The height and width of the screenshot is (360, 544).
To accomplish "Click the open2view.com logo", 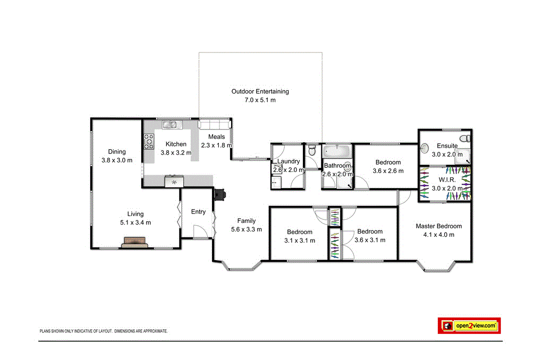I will [x=469, y=325].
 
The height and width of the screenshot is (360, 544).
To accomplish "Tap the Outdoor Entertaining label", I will [x=260, y=91].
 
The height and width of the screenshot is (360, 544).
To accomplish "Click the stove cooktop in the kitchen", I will [x=148, y=141].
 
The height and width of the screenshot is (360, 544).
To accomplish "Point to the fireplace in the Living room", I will [x=135, y=243].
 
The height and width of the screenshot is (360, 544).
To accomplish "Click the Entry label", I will [x=198, y=212].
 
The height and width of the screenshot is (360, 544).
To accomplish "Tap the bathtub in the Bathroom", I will [x=337, y=151].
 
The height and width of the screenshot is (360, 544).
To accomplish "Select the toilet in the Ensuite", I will [x=465, y=138].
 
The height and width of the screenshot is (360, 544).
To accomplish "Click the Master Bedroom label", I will [x=438, y=226].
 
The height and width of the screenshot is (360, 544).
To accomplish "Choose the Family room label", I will [x=246, y=221].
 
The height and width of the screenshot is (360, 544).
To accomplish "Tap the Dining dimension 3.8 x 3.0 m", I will [x=117, y=160].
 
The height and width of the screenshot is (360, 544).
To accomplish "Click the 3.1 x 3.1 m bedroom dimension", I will [x=300, y=241].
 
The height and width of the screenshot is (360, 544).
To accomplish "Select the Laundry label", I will [x=288, y=161].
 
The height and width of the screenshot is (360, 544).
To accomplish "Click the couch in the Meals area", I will [x=215, y=124].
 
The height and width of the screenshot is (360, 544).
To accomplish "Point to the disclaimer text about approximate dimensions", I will [x=104, y=331].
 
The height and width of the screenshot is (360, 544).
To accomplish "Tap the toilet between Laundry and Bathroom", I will [x=312, y=151].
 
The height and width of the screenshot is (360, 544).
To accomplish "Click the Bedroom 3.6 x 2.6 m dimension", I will [x=388, y=171].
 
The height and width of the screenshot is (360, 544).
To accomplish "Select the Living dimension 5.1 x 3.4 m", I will [x=135, y=222].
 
